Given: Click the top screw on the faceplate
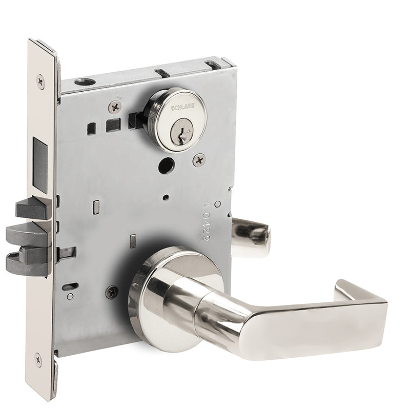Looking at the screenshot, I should pos(40,81).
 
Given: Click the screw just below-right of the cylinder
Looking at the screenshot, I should pos(199,161).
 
